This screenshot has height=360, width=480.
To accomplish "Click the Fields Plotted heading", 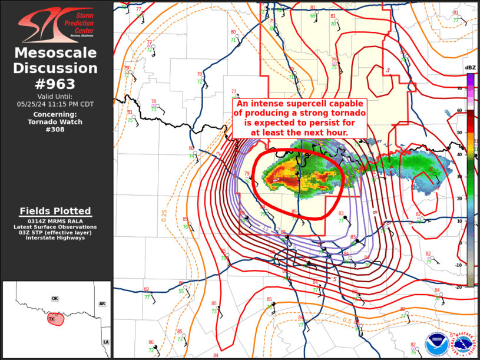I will pyautogui.click(x=55, y=211).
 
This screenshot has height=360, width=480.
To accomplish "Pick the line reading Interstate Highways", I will pyautogui.click(x=55, y=238).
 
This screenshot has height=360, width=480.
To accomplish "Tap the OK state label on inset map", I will pyautogui.click(x=55, y=299).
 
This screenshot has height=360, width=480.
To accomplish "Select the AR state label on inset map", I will pyautogui.click(x=102, y=304).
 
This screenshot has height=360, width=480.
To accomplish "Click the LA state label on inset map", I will pyautogui.click(x=106, y=342).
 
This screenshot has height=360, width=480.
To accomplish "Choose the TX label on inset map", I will pyautogui.click(x=51, y=319).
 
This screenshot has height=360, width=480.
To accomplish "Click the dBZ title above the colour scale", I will pyautogui.click(x=470, y=68).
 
